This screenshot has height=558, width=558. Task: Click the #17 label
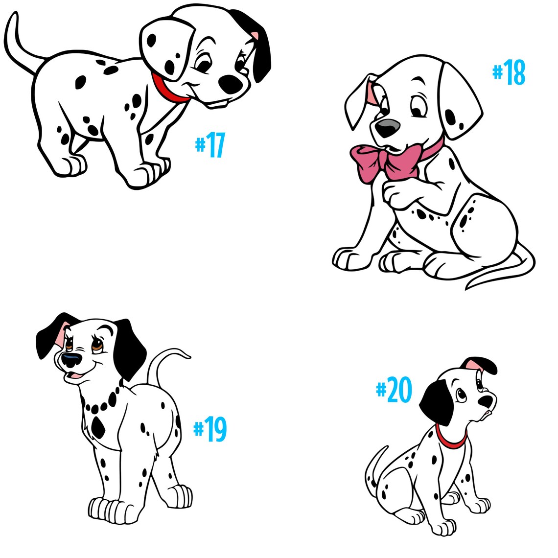pyautogui.click(x=210, y=145)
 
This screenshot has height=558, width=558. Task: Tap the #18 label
pyautogui.click(x=509, y=73)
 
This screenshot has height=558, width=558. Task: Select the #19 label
pyautogui.click(x=210, y=429)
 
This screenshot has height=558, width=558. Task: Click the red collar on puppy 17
pyautogui.click(x=168, y=90)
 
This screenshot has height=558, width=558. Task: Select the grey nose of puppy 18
pyautogui.click(x=387, y=128)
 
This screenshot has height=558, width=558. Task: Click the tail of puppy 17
pyautogui.click(x=20, y=44)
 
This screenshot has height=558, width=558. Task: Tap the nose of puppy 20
pyautogui.click(x=488, y=401)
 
